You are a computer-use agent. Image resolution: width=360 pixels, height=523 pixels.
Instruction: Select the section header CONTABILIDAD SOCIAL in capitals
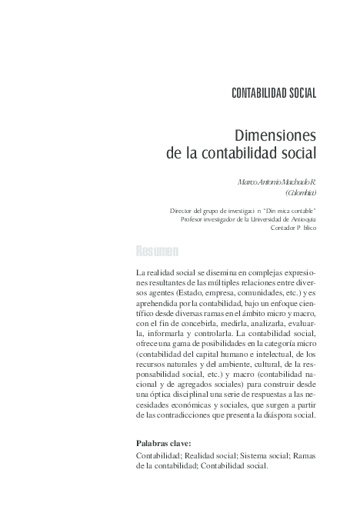(274, 94)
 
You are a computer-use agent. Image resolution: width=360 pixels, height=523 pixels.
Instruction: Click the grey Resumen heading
(157, 252)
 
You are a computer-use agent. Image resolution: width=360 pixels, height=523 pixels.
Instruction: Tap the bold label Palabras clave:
(163, 444)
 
